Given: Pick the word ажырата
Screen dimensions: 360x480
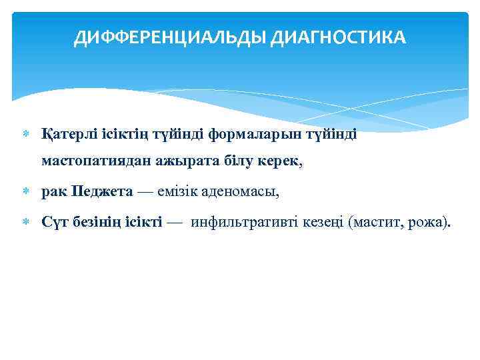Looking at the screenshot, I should [175, 161].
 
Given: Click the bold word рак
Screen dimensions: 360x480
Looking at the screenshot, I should [53, 193].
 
